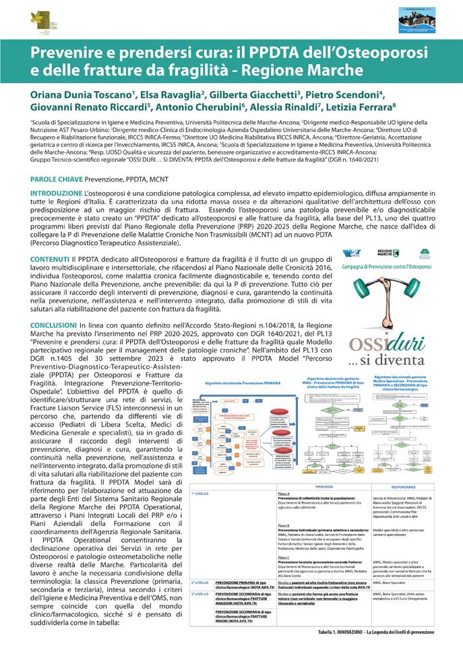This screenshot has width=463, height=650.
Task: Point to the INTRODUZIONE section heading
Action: pos(59,193)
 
